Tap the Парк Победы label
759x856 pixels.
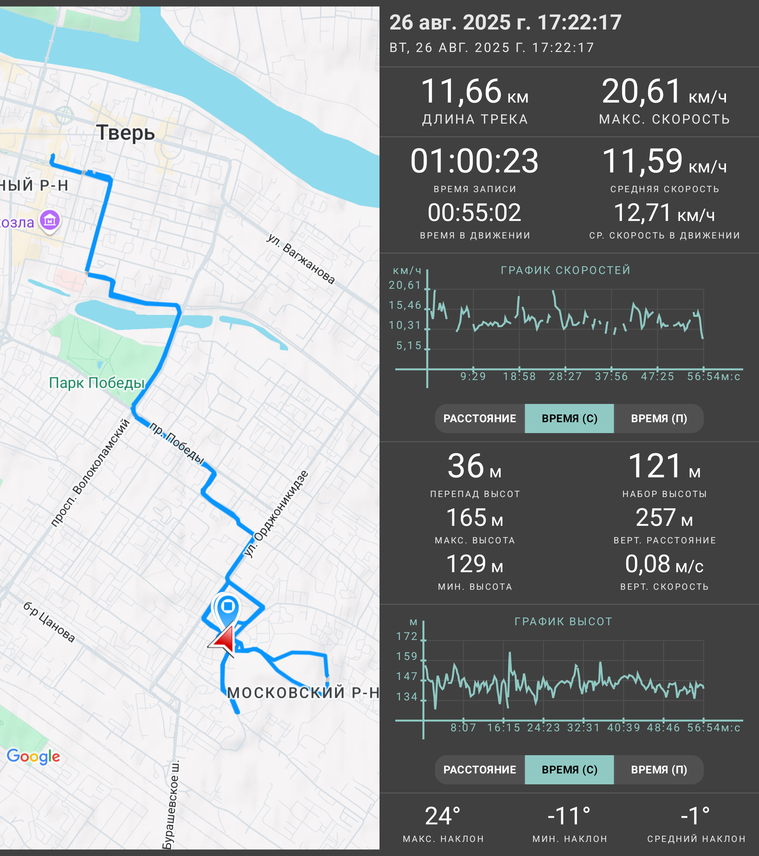[97, 383]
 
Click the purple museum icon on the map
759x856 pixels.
[50, 220]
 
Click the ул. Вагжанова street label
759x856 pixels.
[301, 259]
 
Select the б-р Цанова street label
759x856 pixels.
[49, 622]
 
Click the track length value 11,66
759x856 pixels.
[461, 91]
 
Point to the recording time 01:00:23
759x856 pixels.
[474, 161]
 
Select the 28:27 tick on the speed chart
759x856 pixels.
[565, 376]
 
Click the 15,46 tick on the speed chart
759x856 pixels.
[405, 305]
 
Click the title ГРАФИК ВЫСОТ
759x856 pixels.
[563, 621]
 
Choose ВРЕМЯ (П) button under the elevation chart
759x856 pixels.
[659, 770]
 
